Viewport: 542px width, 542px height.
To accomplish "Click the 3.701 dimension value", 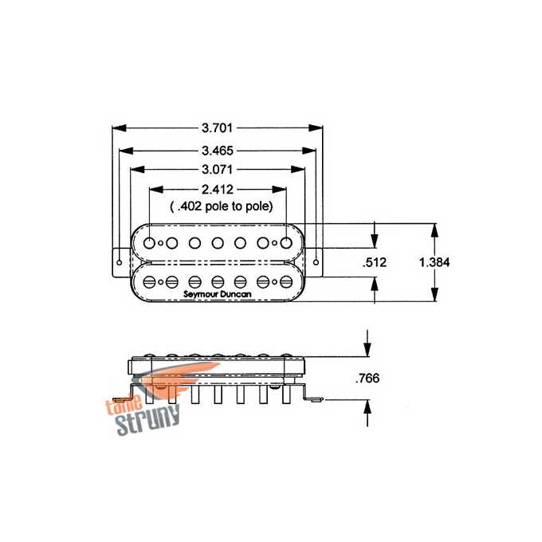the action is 217,128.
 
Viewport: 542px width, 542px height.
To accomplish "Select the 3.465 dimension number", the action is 218,151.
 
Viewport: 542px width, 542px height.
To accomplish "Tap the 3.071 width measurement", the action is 217,169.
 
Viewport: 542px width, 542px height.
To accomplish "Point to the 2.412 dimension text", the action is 218,190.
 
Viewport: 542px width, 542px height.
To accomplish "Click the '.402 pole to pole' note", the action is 222,206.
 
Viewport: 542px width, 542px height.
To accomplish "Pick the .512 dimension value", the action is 375,262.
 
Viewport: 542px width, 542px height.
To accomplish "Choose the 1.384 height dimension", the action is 434,262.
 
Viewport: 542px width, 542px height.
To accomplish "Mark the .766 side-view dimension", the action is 367,378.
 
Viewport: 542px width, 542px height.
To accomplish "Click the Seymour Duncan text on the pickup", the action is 218,294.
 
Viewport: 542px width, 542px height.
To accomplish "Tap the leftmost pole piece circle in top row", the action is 149,243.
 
